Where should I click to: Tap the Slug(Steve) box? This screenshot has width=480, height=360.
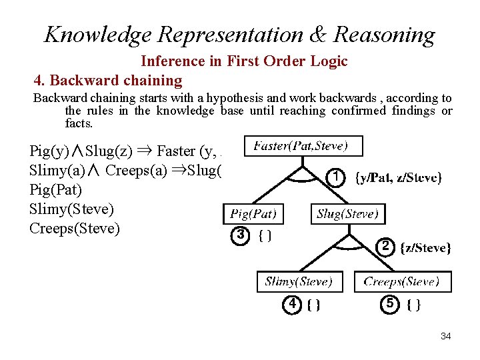coord(347,214)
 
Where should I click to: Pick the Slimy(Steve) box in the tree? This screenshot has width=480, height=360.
coord(299,281)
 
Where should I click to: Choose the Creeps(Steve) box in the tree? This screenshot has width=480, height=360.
coord(402,281)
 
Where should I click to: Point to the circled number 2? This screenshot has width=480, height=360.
coord(385,247)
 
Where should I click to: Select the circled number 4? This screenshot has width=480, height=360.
coord(292,304)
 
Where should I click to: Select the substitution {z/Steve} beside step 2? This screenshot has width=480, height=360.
coord(426,248)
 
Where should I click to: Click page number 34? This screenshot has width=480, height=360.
coord(445,336)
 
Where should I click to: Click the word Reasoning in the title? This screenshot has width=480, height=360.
coord(385,34)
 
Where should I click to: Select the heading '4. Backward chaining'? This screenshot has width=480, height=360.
coord(108,81)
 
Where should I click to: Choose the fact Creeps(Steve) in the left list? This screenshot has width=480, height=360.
coord(75,229)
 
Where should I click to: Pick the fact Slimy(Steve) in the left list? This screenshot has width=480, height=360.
coord(71,209)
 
